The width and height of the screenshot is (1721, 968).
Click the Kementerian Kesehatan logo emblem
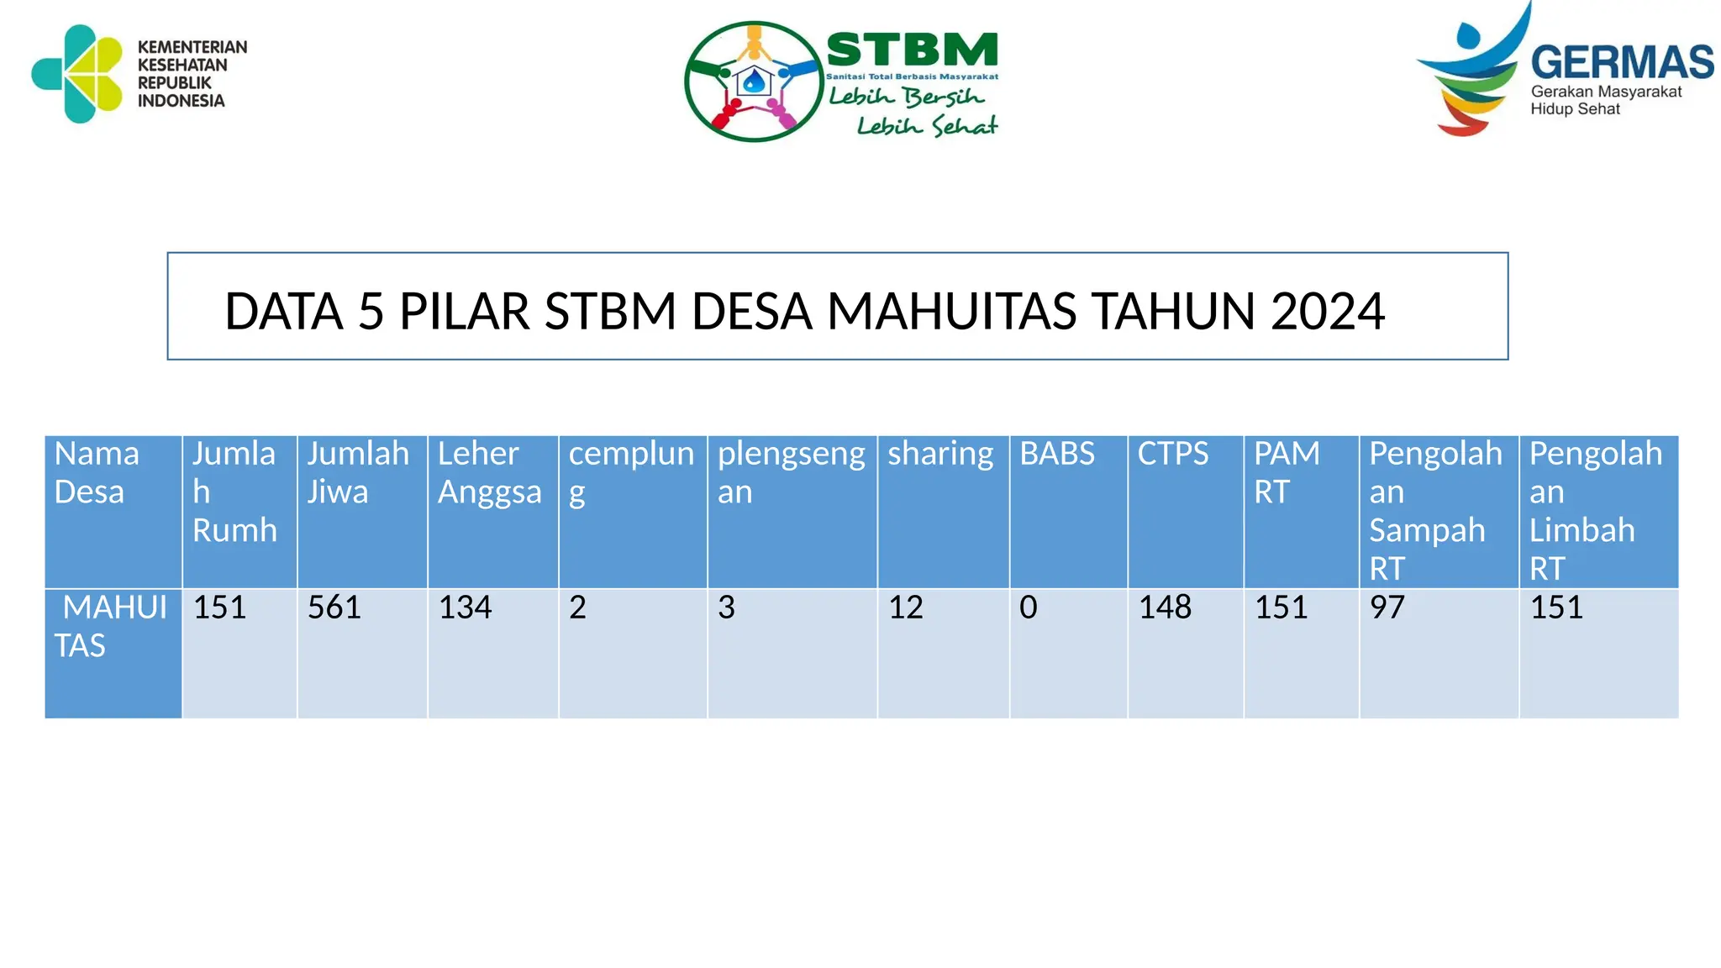pos(77,74)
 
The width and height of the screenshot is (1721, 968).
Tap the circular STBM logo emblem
pos(753,82)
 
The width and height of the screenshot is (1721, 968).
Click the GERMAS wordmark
pos(1622,62)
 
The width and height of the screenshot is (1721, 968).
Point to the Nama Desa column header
pos(97,472)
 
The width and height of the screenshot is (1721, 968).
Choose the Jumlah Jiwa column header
pos(358,472)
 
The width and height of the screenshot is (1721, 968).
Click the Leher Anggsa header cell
pos(489,472)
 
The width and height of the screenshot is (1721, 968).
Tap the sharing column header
pos(940,454)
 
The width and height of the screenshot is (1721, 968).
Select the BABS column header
pos(1057,454)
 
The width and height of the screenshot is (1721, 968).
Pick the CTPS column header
pos(1173,454)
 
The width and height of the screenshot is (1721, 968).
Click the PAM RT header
pos(1287,472)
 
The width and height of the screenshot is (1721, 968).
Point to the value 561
pos(334,607)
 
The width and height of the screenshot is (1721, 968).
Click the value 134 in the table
pos(465,607)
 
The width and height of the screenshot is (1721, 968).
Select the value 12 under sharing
pos(906,607)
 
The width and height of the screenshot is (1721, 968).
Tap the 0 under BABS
pos(1029,607)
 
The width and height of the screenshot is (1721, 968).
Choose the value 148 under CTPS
pos(1165,607)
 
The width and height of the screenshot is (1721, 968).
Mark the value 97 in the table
pos(1387,607)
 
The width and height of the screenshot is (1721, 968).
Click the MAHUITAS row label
pos(109,626)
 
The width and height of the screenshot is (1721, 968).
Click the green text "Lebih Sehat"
pos(927,126)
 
